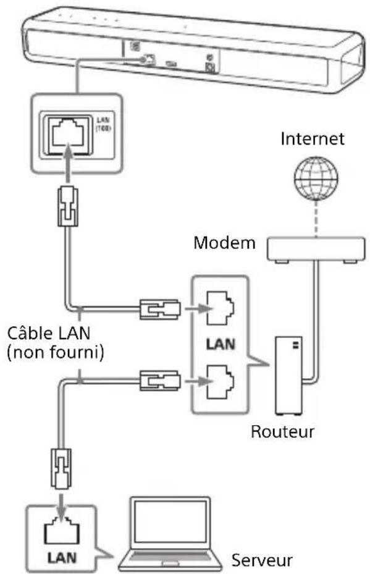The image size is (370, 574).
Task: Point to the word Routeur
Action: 282,430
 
